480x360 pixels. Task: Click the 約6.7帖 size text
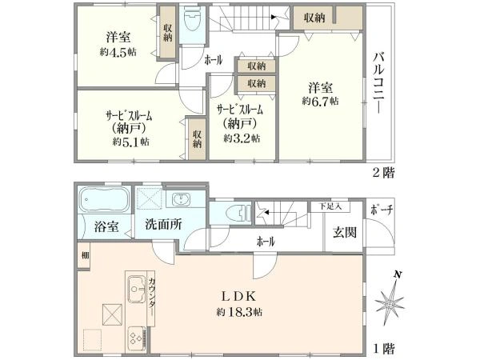(320, 102)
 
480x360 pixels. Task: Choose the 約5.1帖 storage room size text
(130, 142)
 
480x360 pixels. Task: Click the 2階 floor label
(382, 171)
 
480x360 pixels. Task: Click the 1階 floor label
(382, 350)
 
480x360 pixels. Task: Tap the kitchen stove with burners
(133, 338)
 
